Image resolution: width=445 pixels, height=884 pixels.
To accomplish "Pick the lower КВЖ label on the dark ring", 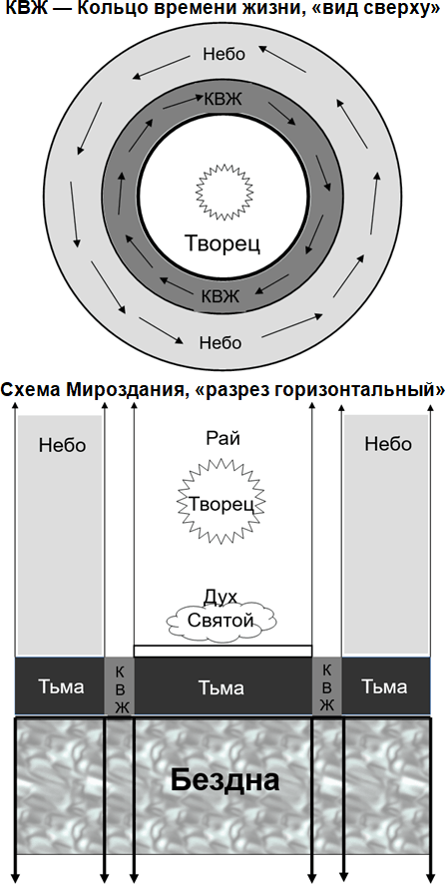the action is (x=222, y=294).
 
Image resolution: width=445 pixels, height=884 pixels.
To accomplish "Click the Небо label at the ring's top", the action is (x=223, y=54).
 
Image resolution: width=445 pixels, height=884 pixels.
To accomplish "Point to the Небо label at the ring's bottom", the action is (x=221, y=341).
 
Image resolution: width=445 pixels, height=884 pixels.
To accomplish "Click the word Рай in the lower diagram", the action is (x=221, y=438).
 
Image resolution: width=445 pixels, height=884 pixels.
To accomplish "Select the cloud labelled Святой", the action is (x=222, y=622).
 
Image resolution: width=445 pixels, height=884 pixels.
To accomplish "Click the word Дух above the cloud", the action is (x=220, y=597).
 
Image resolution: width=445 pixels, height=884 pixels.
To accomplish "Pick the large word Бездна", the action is (x=225, y=780).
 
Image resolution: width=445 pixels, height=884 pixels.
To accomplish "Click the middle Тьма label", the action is (x=222, y=687).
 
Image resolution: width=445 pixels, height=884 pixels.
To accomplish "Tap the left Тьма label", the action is (x=61, y=687).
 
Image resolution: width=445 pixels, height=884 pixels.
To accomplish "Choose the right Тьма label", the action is (x=384, y=687).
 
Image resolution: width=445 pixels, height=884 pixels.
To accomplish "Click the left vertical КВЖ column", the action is (x=120, y=687).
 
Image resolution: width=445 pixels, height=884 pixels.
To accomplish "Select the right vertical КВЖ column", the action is (x=327, y=687).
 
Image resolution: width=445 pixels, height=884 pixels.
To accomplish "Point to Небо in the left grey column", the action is (x=63, y=445).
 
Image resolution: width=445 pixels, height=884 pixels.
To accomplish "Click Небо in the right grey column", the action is (x=388, y=444).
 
